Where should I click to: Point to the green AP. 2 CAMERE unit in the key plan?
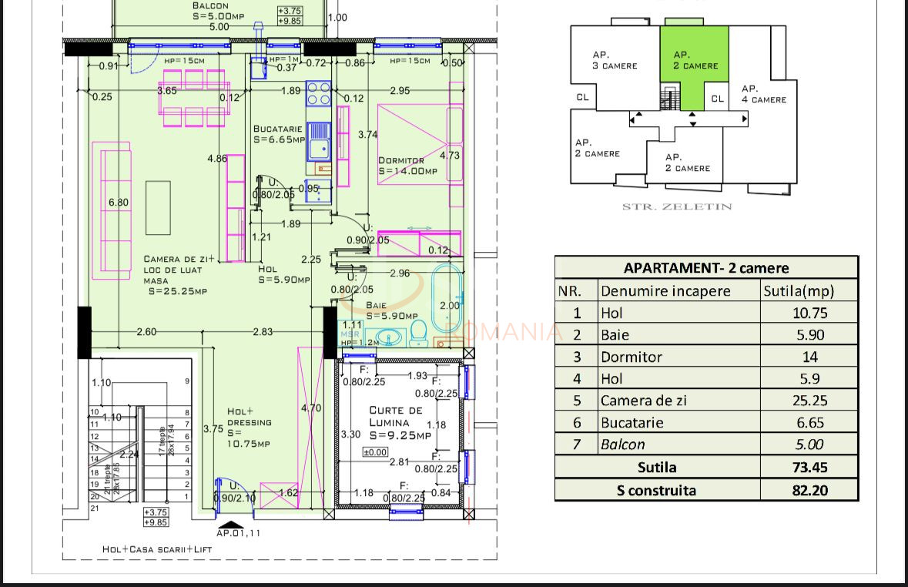(694, 62)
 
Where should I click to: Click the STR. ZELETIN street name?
(677, 206)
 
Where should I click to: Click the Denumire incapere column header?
(665, 291)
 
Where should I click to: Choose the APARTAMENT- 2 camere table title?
(705, 268)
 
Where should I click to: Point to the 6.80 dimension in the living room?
(119, 203)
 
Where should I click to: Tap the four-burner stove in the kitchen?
(319, 95)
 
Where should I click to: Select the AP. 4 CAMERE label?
(763, 94)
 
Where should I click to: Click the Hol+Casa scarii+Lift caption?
(157, 549)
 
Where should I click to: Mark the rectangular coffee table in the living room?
(158, 207)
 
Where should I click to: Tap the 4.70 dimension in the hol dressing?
(310, 408)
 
